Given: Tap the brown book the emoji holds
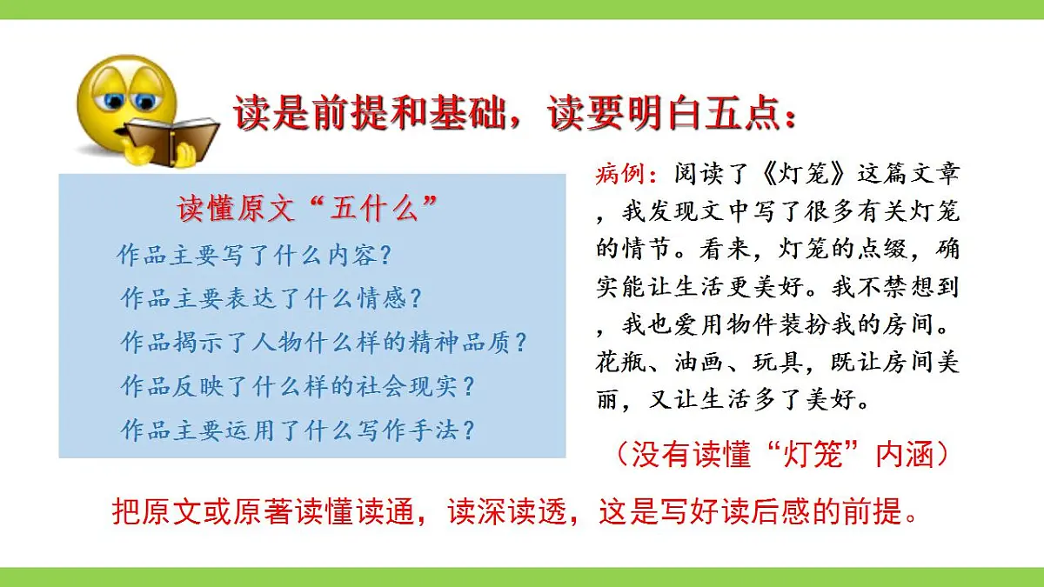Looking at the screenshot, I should coord(173,139).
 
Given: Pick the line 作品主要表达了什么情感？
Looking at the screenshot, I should coord(271,299).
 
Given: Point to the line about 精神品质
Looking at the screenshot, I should coord(324,343).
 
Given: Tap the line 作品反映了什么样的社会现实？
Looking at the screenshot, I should coord(298,386).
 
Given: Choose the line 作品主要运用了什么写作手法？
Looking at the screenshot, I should coord(298,430).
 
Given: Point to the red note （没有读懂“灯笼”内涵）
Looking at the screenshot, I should coord(780,454).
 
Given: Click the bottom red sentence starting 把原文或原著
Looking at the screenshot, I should coord(515,512).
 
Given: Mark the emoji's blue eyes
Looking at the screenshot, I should coord(126,100).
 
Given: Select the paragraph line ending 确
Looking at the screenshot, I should coord(779,249).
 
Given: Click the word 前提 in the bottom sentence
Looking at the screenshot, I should coord(870,512).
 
